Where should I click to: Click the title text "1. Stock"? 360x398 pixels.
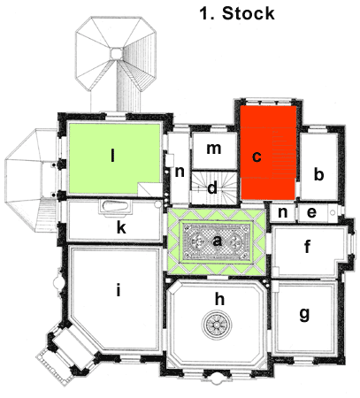click(x=237, y=13)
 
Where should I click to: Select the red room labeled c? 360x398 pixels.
click(x=268, y=153)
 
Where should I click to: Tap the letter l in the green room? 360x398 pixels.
click(x=112, y=156)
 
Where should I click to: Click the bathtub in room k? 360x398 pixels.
click(x=115, y=205)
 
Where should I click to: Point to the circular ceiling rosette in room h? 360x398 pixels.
click(x=217, y=325)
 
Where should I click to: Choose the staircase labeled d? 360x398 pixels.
click(x=214, y=188)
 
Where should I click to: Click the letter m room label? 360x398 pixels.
click(x=214, y=149)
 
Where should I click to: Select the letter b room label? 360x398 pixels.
click(x=318, y=174)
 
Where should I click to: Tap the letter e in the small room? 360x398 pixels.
click(x=311, y=212)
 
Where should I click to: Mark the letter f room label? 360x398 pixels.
click(x=307, y=246)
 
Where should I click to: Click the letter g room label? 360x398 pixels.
click(x=304, y=314)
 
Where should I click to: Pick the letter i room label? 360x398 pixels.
click(x=119, y=290)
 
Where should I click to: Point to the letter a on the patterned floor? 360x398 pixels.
click(x=217, y=241)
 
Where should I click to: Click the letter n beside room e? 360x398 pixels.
click(x=283, y=212)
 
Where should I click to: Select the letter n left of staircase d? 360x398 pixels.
click(x=180, y=172)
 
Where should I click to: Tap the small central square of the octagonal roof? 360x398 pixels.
click(x=116, y=54)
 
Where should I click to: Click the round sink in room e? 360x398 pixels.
click(x=333, y=212)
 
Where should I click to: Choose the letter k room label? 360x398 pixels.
click(x=121, y=227)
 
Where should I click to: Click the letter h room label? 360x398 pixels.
click(x=219, y=299)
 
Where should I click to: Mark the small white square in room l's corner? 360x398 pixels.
click(x=149, y=189)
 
